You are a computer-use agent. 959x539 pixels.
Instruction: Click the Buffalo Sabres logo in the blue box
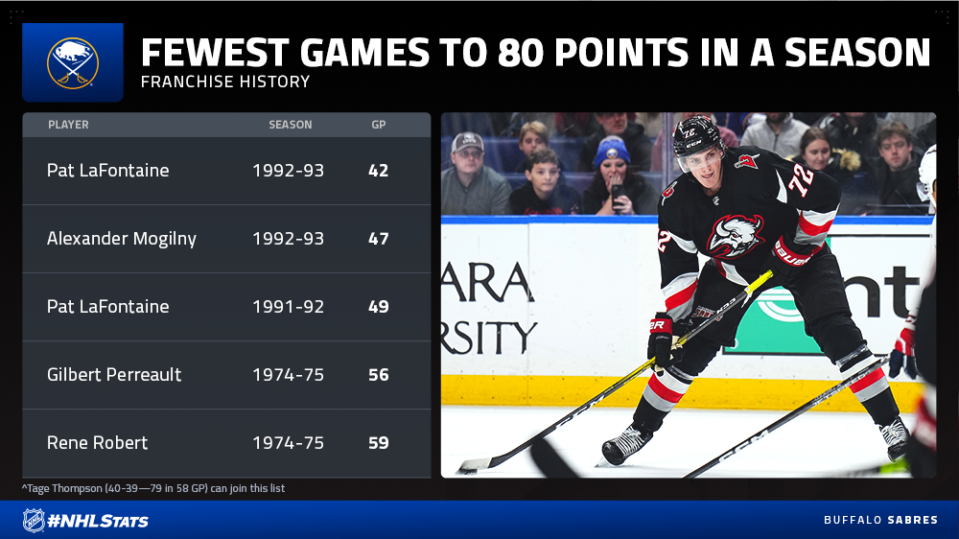click(x=73, y=63)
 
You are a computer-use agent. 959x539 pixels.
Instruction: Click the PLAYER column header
click(x=68, y=125)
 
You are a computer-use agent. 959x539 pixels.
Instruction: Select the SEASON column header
click(x=291, y=125)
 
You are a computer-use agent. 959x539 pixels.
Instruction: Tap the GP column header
click(x=379, y=125)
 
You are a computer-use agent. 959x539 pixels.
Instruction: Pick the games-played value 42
click(x=379, y=171)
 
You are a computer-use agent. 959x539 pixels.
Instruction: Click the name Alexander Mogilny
click(x=122, y=239)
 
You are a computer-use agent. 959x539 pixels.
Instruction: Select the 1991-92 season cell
click(x=288, y=307)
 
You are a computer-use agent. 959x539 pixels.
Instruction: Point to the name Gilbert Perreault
click(x=114, y=374)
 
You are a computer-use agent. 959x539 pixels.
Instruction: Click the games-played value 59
click(x=379, y=443)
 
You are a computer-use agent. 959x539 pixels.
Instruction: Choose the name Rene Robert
click(x=97, y=443)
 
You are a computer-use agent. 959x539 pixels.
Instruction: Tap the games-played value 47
click(x=379, y=239)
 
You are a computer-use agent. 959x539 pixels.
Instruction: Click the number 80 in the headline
click(x=521, y=53)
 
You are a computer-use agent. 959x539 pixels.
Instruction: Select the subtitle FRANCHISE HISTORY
click(x=225, y=82)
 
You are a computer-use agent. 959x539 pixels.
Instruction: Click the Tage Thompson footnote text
click(x=153, y=488)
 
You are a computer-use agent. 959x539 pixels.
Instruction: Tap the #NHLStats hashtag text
click(x=98, y=522)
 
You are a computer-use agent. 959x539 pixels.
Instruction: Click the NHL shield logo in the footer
click(x=34, y=521)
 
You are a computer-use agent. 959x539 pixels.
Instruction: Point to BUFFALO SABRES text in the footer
click(x=880, y=520)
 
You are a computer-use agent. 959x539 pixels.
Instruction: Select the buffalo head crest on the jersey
click(x=736, y=236)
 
